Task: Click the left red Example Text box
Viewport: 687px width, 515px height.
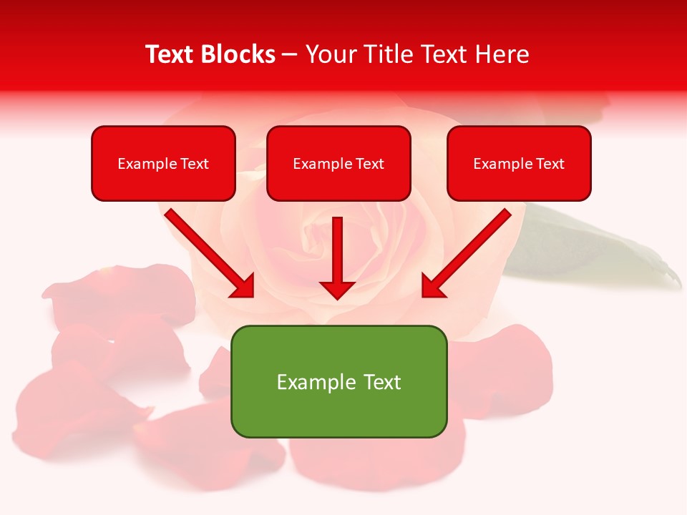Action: [x=163, y=163]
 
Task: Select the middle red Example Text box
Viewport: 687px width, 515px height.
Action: [x=338, y=163]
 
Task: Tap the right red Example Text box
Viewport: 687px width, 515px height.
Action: [x=519, y=163]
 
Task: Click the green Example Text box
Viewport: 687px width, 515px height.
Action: [x=338, y=381]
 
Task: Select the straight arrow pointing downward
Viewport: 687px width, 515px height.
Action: [x=337, y=257]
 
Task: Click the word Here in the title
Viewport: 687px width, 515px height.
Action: [x=501, y=54]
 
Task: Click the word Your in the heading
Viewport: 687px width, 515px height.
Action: [x=331, y=54]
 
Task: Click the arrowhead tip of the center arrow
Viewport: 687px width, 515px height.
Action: [x=337, y=298]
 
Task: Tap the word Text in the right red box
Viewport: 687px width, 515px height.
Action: [x=550, y=164]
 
